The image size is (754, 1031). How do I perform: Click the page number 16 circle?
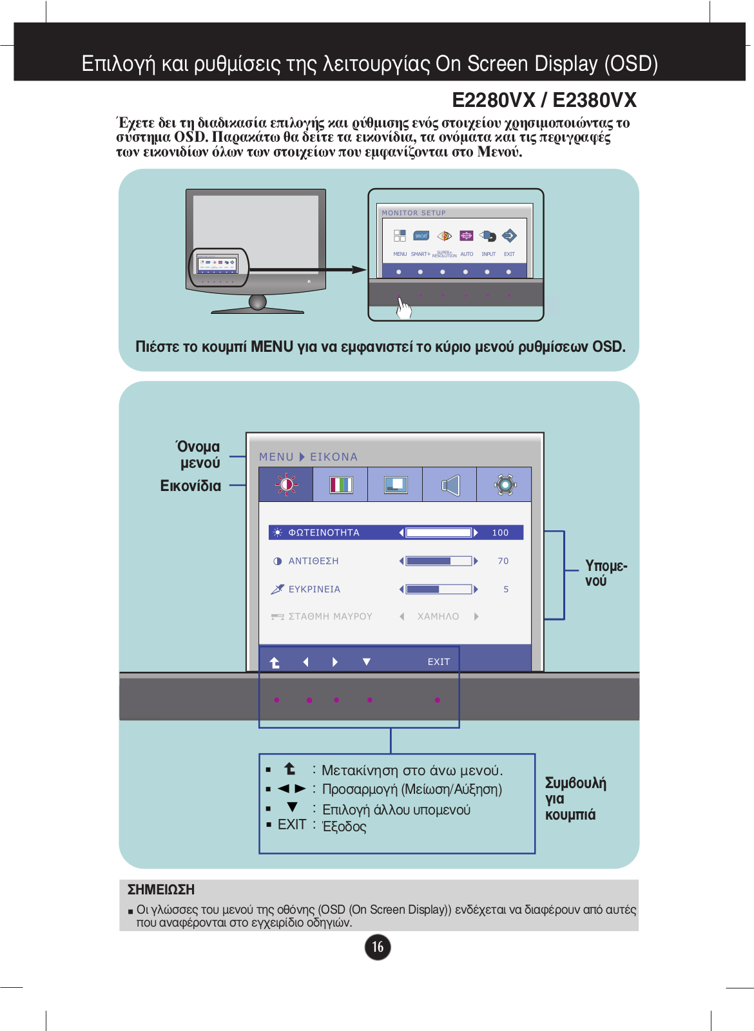click(x=378, y=947)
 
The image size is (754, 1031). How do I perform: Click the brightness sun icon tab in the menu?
click(x=286, y=485)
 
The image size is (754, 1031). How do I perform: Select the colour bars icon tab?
click(x=341, y=485)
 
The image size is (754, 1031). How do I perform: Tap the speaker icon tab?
click(x=450, y=485)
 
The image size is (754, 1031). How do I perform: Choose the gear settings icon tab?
click(x=505, y=485)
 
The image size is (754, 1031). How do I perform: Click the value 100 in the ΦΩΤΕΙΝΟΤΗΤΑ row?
click(x=500, y=532)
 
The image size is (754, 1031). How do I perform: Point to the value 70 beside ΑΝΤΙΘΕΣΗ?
click(x=503, y=561)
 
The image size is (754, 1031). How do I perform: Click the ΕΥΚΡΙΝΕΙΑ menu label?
click(x=314, y=589)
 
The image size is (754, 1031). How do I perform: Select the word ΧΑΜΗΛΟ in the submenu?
click(x=438, y=617)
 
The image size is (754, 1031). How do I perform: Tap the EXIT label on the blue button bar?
click(x=439, y=662)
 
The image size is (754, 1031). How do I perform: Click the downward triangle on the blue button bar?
click(x=367, y=662)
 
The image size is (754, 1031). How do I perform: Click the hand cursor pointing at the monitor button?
click(x=403, y=308)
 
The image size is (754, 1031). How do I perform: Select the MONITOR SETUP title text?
click(x=414, y=213)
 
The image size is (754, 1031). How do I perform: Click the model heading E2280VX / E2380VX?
click(x=544, y=101)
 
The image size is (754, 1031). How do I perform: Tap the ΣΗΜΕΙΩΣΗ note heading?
click(x=161, y=890)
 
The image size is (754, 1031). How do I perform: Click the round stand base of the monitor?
click(x=258, y=303)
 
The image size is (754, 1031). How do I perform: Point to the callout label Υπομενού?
click(x=605, y=573)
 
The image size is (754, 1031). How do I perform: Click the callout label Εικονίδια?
click(x=191, y=486)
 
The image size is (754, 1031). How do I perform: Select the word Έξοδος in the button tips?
click(x=344, y=827)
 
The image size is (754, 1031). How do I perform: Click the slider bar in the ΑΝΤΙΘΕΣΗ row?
click(x=438, y=561)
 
